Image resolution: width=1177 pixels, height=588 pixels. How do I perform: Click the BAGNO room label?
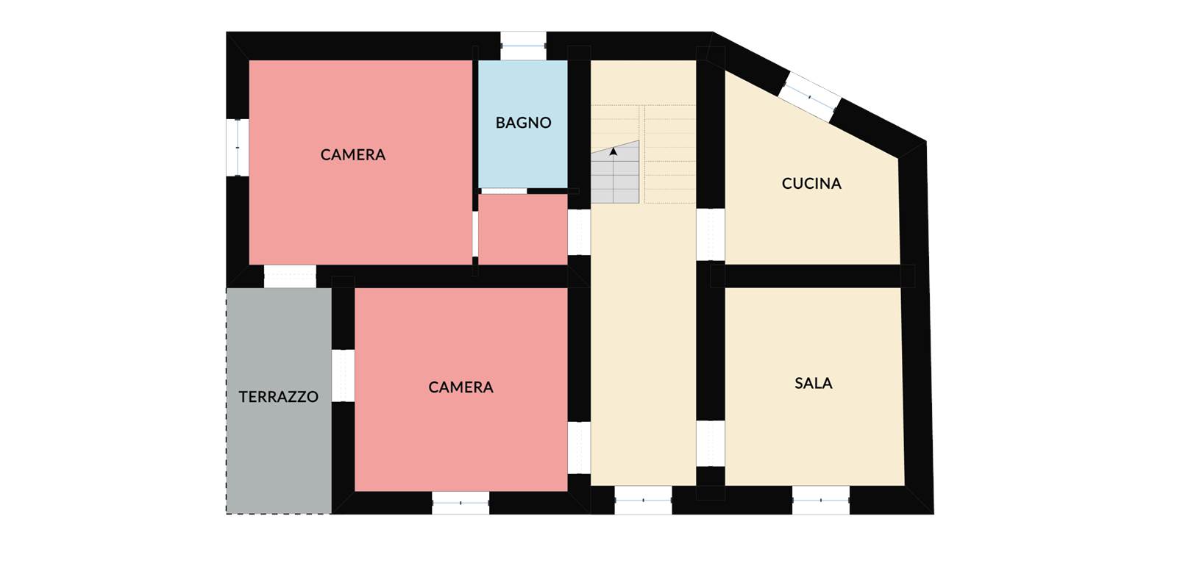(523, 123)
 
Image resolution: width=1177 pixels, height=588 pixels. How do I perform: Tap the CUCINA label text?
(811, 184)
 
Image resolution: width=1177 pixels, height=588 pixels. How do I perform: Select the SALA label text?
(814, 383)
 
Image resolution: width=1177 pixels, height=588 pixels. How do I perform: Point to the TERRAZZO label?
(279, 397)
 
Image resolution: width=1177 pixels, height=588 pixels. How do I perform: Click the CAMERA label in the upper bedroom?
(353, 155)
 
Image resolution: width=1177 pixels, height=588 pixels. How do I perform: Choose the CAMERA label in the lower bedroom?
(461, 387)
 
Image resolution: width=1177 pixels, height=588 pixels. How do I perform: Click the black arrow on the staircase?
(614, 151)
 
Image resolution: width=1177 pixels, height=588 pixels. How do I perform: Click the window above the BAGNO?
(523, 46)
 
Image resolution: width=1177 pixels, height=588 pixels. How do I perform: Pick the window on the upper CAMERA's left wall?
(238, 148)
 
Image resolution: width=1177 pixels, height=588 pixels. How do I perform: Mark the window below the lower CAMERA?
(461, 503)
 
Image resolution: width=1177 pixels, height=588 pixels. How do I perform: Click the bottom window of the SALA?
(821, 501)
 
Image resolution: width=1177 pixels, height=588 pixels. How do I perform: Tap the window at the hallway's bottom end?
(643, 501)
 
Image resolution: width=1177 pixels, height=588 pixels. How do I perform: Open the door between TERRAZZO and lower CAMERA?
(343, 376)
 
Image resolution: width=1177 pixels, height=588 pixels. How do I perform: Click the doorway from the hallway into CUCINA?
(711, 234)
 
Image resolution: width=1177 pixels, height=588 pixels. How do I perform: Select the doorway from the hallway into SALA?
(711, 444)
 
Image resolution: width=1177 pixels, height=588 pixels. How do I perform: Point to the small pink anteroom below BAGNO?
(523, 229)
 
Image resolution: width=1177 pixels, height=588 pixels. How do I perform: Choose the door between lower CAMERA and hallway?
(579, 448)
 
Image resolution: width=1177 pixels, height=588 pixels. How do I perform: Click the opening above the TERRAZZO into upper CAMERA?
(290, 276)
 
